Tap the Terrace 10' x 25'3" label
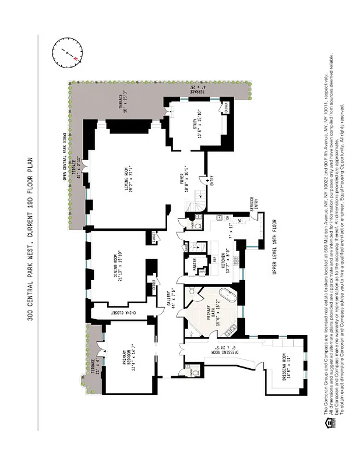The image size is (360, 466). (123, 106)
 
